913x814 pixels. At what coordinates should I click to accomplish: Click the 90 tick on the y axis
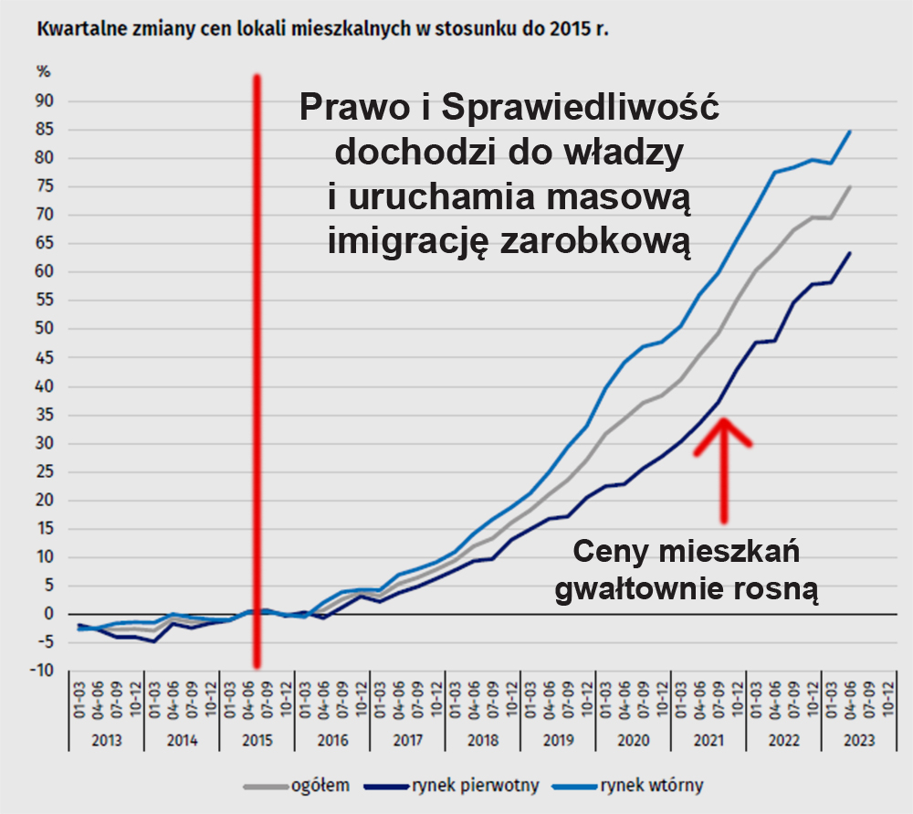[x=45, y=100]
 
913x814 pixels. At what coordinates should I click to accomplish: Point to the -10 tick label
[x=42, y=671]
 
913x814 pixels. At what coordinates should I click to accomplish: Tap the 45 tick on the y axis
[x=45, y=357]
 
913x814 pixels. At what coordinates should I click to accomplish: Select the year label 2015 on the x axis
[x=257, y=741]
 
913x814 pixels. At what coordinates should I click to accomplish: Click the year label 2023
[x=859, y=741]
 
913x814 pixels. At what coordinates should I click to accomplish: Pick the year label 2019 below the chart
[x=558, y=741]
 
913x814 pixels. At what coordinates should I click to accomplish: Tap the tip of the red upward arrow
[x=723, y=420]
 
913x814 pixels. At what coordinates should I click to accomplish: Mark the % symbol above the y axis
[x=43, y=71]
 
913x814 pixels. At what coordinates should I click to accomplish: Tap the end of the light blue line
[x=850, y=132]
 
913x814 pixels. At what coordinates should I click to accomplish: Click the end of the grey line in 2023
[x=850, y=186]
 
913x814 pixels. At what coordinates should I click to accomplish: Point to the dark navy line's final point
[x=850, y=253]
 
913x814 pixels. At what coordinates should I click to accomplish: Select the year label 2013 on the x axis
[x=107, y=741]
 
